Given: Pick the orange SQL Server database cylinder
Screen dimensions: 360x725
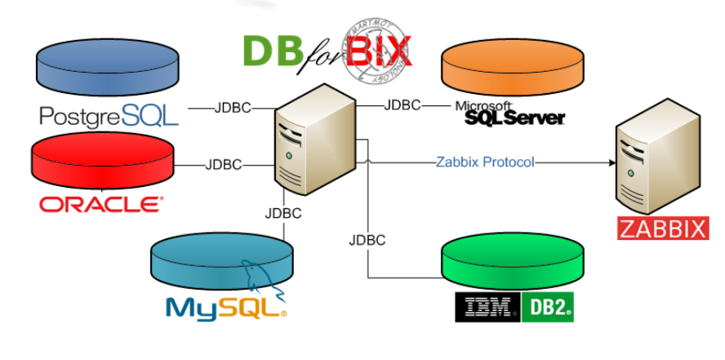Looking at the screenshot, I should [x=512, y=70].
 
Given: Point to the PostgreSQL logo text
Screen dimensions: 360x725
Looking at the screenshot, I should [x=109, y=116].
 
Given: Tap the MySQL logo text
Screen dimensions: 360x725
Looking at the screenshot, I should [x=225, y=307].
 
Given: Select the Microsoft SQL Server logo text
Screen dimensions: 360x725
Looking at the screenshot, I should [x=512, y=115].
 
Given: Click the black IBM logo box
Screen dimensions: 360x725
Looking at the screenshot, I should [x=487, y=307].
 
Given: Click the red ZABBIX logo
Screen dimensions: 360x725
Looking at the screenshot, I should [x=661, y=228].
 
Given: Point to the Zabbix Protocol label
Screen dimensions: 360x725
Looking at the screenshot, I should [x=485, y=162].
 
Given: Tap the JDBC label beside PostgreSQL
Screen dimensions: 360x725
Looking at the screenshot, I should [x=233, y=108].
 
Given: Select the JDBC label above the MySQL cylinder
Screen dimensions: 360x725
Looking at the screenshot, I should [x=283, y=214].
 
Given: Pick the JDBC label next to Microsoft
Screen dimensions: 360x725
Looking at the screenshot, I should [x=402, y=105].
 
